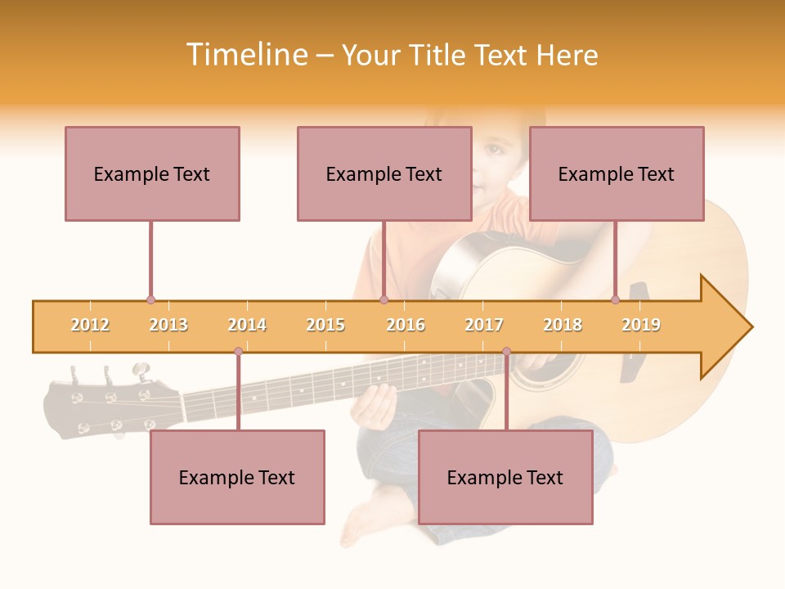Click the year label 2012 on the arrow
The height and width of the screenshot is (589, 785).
(90, 326)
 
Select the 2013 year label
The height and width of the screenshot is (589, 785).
(168, 326)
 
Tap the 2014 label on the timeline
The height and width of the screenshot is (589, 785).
(247, 326)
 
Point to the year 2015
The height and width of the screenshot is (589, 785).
(325, 326)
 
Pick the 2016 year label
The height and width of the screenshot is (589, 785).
(406, 326)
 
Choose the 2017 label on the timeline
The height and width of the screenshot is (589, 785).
(484, 326)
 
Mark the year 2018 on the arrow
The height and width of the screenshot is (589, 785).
(563, 326)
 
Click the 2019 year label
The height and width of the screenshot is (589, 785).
(641, 326)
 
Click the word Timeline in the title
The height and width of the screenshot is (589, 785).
(245, 55)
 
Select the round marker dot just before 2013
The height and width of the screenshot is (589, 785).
(150, 300)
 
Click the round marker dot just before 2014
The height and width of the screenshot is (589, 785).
(238, 352)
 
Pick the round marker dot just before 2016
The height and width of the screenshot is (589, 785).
(384, 300)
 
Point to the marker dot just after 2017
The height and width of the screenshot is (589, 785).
(506, 352)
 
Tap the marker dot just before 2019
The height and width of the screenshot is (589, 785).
(616, 300)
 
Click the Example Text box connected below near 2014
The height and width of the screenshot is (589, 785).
(237, 477)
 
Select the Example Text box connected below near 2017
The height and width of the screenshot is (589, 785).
(505, 477)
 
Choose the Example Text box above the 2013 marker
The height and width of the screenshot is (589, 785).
(152, 173)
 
